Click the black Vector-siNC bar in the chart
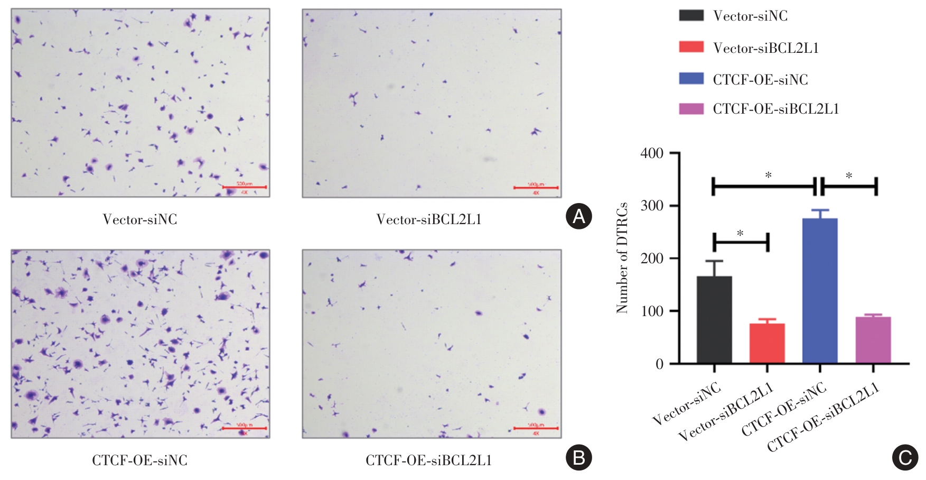point(714,320)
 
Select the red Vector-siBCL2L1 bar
point(767,344)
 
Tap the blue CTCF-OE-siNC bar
point(820,291)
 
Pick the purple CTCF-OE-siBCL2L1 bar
point(873,340)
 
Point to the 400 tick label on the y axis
point(652,153)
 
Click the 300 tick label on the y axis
point(652,206)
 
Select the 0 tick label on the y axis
point(659,364)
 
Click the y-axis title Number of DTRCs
point(622,257)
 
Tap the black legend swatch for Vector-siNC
point(691,15)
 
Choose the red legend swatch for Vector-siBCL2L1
point(691,48)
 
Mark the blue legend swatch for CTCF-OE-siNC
point(691,79)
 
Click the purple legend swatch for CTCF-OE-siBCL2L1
point(691,109)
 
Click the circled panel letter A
point(578,216)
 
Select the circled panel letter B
point(578,457)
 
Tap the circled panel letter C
point(905,457)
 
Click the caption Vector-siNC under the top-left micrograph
point(140,219)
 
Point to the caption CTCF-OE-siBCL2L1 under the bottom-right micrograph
point(428,460)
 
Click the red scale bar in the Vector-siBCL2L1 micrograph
point(536,188)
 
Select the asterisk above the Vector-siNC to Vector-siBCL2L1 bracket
point(740,233)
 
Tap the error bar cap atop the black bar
point(714,261)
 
